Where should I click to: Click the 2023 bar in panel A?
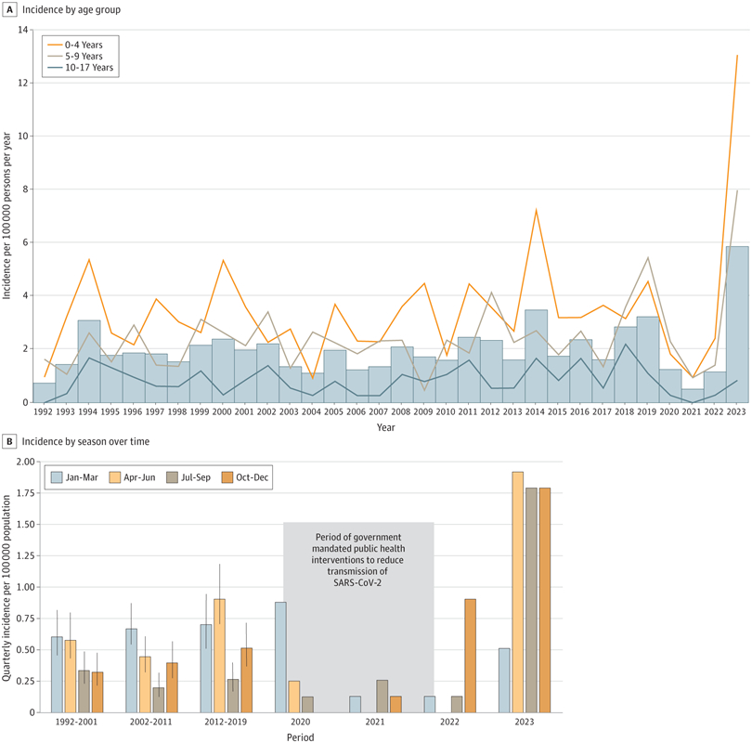pyautogui.click(x=737, y=324)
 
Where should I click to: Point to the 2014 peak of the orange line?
pyautogui.click(x=536, y=210)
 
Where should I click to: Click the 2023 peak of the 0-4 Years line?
pyautogui.click(x=737, y=56)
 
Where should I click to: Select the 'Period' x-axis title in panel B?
pyautogui.click(x=299, y=737)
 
